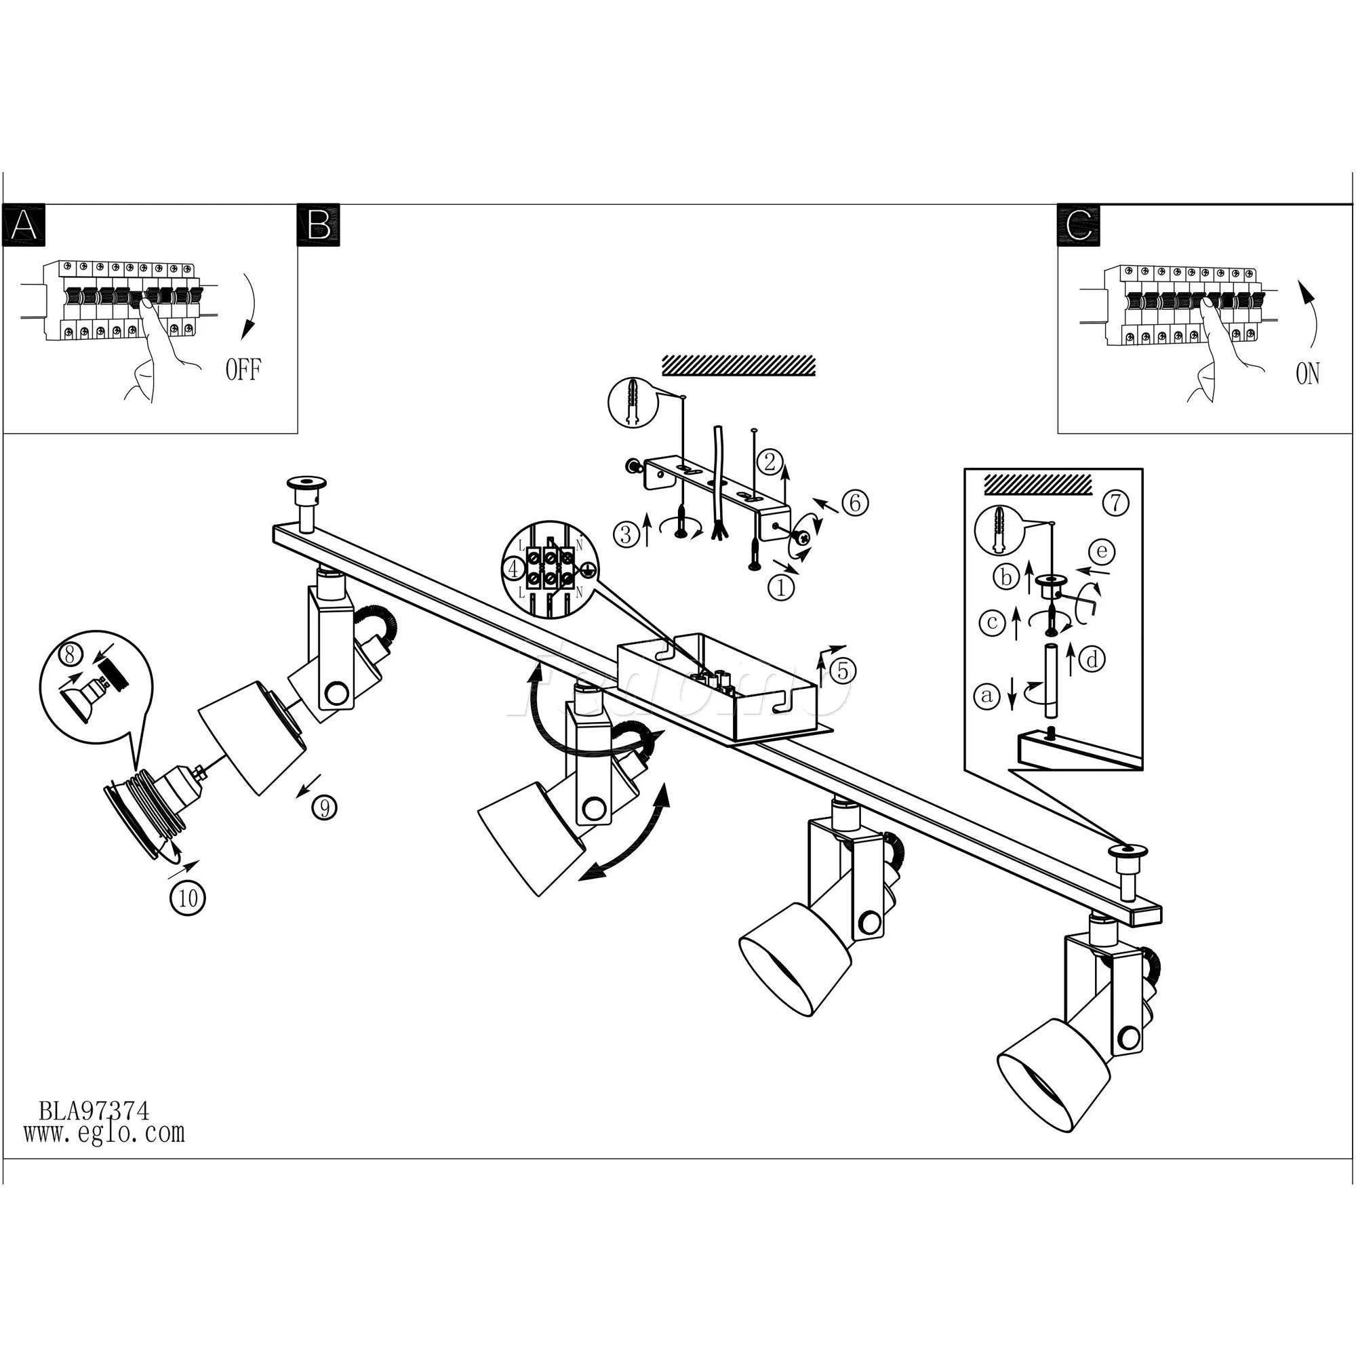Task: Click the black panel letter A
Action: (x=24, y=224)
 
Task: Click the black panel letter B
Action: (x=319, y=224)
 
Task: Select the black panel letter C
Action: (x=1078, y=224)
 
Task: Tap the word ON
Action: (x=1308, y=374)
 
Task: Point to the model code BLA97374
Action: (x=94, y=1111)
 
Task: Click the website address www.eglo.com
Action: (x=104, y=1132)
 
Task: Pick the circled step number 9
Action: (x=323, y=808)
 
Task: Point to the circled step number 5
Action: (x=843, y=671)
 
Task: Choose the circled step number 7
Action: (x=1115, y=502)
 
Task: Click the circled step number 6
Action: (x=854, y=502)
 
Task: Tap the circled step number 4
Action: (x=515, y=570)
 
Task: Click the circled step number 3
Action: (x=624, y=535)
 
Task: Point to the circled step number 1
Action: (x=782, y=586)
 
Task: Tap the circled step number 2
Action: (x=770, y=462)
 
